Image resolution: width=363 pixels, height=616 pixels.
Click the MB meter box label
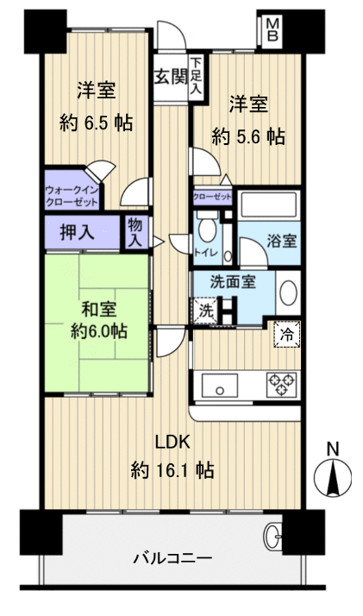pyautogui.click(x=272, y=30)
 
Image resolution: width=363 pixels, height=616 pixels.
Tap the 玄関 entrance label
pyautogui.click(x=171, y=76)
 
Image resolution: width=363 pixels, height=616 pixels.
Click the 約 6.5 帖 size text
pyautogui.click(x=97, y=123)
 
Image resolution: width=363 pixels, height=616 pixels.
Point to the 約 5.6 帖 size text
pyautogui.click(x=249, y=136)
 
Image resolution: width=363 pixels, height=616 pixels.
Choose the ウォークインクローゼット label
pyautogui.click(x=72, y=195)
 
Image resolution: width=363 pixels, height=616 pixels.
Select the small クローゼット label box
pyautogui.click(x=213, y=197)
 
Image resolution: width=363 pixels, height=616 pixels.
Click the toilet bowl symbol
pyautogui.click(x=206, y=232)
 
